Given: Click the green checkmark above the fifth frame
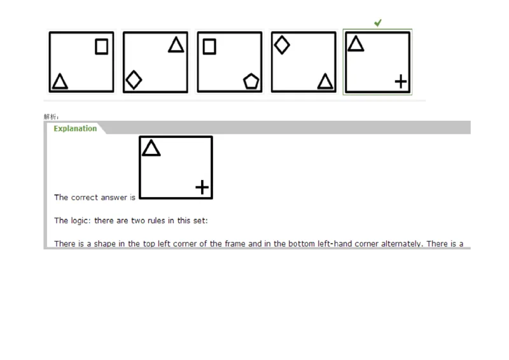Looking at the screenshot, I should tap(378, 23).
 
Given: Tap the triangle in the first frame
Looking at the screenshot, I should tap(60, 81).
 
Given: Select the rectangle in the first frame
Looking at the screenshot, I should tap(101, 46).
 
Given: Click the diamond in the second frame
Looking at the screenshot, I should tap(134, 80).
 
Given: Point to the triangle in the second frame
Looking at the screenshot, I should tap(176, 45).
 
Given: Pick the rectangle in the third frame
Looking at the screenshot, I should tap(209, 46).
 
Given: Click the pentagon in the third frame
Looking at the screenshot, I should tap(251, 81).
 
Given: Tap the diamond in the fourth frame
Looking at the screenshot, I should tap(281, 45).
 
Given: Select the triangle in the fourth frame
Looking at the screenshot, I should tap(325, 81).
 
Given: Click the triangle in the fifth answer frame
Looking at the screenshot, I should tap(356, 44).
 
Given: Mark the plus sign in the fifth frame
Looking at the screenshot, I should tap(400, 81).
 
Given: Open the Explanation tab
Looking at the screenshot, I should tap(75, 128).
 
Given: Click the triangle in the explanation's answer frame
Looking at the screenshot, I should tap(151, 149).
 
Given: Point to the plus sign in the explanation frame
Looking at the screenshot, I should tap(202, 187).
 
